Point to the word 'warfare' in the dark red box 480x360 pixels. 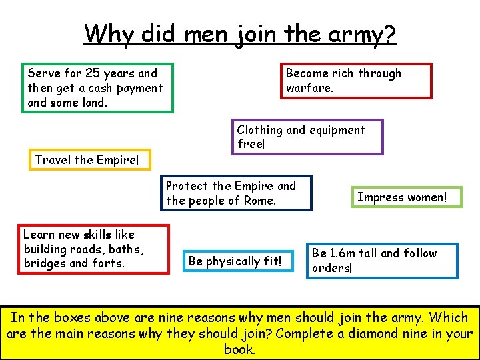(309, 88)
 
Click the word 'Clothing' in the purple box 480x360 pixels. (260, 130)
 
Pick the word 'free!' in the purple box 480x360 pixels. (251, 145)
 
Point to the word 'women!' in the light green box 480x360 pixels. (425, 197)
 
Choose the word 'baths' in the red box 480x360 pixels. (125, 249)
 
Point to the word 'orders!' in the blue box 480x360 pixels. (332, 268)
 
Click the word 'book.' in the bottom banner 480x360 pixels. (239, 349)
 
